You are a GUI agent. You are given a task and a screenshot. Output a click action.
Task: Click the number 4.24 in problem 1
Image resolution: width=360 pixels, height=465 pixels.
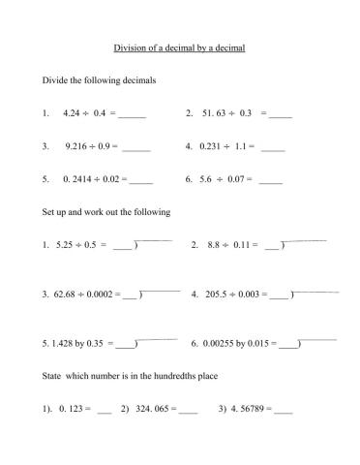71,113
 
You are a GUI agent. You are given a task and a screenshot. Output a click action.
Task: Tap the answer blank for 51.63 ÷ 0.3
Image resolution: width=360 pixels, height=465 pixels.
279,114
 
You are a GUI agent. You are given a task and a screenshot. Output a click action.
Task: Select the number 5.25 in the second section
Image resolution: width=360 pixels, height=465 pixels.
66,245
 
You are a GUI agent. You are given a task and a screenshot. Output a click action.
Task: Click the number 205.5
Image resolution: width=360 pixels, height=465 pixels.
219,294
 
